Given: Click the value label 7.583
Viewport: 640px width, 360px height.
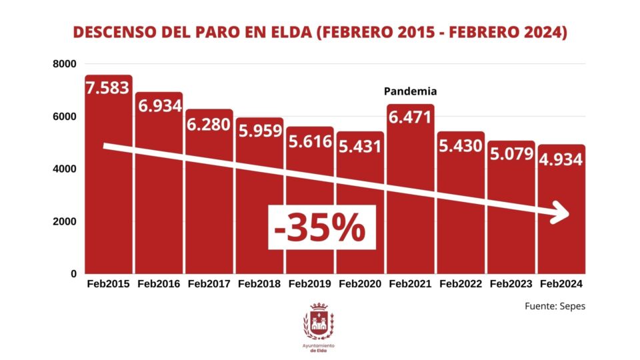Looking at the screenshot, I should (107, 88).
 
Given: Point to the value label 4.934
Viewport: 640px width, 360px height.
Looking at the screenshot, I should (561, 159).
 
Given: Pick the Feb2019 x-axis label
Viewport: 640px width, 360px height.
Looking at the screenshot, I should (310, 284).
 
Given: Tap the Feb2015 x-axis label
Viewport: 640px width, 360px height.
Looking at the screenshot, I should (109, 284).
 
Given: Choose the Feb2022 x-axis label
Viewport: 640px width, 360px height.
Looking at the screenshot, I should (461, 284).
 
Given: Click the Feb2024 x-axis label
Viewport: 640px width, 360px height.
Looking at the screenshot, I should (561, 284).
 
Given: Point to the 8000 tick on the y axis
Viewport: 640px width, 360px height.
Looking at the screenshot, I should (65, 64).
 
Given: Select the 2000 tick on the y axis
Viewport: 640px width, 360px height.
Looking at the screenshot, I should (65, 221).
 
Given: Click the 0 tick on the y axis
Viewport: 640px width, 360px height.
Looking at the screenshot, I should (73, 274).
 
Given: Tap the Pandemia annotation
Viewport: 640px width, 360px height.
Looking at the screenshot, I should (410, 91).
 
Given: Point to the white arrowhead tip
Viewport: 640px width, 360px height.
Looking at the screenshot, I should (569, 215).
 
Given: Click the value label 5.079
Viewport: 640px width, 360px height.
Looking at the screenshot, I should (511, 155).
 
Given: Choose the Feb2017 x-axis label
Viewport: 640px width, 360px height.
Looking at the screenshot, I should (209, 284).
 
